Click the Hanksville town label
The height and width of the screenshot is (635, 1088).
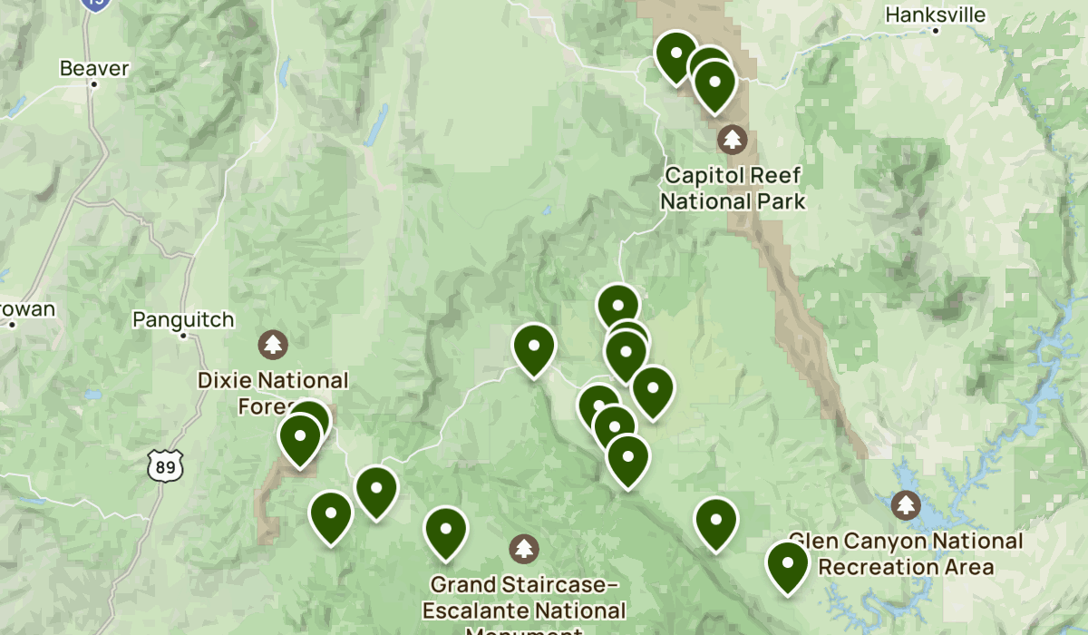point(935,15)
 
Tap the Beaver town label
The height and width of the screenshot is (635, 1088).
point(94,68)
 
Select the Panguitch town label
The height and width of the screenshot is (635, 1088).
point(183,319)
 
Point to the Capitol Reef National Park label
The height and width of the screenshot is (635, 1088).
point(733,188)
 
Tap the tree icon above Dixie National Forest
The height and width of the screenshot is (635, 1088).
point(273,344)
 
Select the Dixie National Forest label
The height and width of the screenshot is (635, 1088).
point(272,392)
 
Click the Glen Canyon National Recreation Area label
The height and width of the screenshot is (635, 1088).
point(906,554)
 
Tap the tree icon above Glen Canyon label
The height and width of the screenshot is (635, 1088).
point(906,504)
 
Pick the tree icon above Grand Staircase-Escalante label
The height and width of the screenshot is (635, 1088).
point(523,548)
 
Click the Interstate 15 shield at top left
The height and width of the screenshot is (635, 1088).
point(94,4)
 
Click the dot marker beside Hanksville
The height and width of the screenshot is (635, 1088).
point(935,30)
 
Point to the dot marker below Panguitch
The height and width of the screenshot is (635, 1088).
point(183,336)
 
